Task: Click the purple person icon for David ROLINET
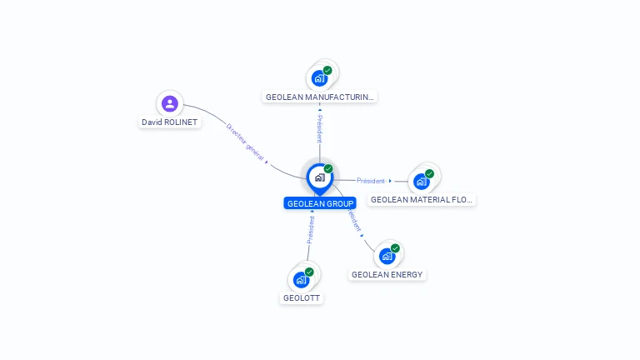tap(170, 103)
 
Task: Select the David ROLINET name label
tap(169, 122)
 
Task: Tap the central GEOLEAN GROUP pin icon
tap(320, 178)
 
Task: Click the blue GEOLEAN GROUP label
tap(320, 203)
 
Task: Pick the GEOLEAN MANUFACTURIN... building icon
tap(319, 78)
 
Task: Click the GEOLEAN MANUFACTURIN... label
tap(320, 97)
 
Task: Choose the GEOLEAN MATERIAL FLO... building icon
tap(421, 181)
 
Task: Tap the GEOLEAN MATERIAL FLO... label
tap(421, 200)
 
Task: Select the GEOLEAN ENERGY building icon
tap(387, 256)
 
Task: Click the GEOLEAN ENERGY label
tap(387, 275)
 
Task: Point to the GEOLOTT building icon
tap(301, 280)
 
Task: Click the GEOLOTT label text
tap(301, 298)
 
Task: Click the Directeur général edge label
tap(245, 142)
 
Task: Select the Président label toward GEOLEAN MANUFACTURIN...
tap(320, 128)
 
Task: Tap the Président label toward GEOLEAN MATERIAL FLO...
tap(371, 180)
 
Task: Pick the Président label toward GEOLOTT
tap(311, 230)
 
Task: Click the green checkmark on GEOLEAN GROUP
tap(328, 168)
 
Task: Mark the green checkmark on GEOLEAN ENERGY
tap(395, 248)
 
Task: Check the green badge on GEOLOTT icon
tap(309, 272)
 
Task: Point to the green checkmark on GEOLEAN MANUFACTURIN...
tap(327, 70)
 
